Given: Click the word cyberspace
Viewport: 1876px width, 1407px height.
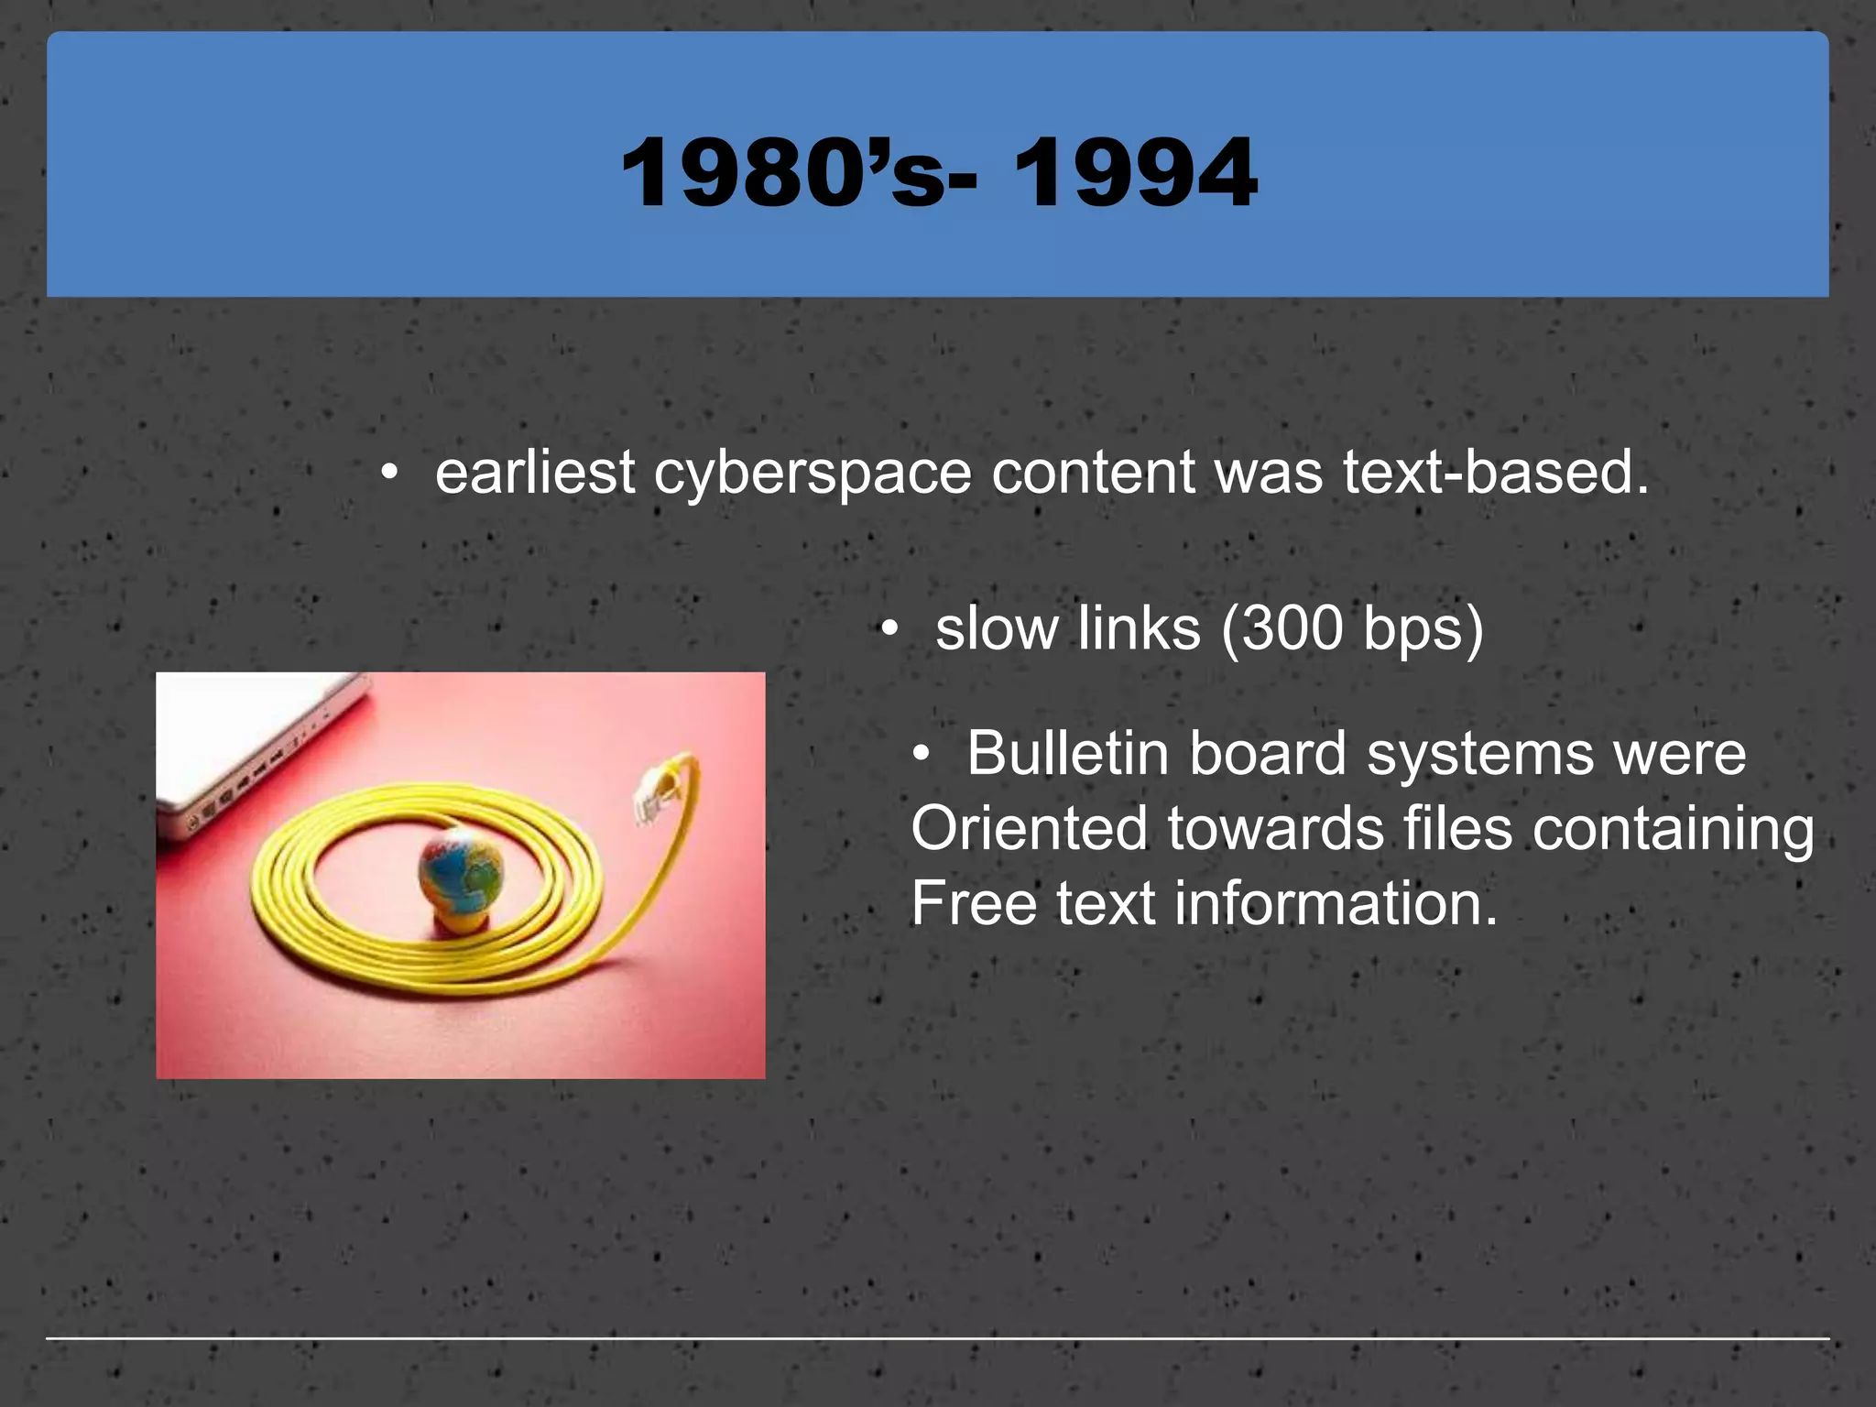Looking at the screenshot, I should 813,474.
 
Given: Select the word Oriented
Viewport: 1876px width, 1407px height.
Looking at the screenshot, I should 1029,829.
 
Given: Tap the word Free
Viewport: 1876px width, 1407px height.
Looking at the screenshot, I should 973,904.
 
